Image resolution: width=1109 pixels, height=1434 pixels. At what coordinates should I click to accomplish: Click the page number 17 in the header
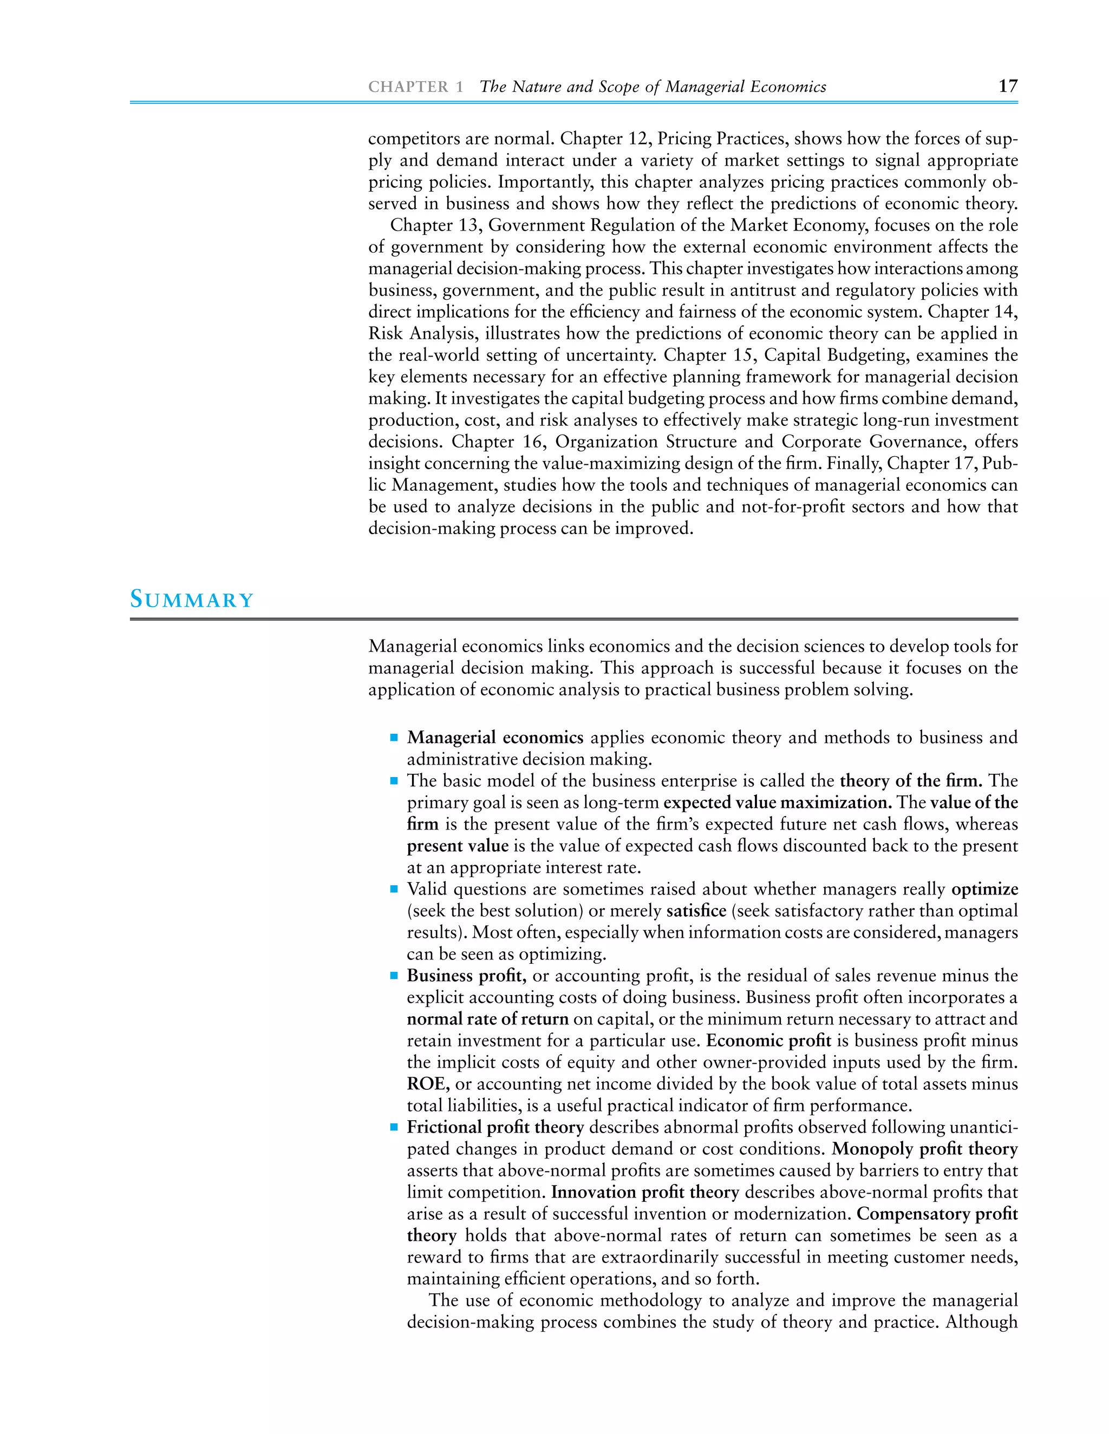tap(1007, 86)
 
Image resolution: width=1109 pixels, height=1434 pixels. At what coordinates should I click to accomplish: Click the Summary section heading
tap(191, 600)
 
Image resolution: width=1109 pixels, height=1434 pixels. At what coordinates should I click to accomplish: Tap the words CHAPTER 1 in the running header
tap(416, 87)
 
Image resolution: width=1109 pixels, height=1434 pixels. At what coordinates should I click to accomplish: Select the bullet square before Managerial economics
tap(394, 738)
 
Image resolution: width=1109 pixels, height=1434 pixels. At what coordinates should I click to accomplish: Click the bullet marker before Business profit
tap(394, 976)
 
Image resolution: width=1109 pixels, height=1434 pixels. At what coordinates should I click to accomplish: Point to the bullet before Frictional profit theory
tap(394, 1127)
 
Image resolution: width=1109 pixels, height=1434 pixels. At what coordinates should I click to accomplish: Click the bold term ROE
tap(428, 1084)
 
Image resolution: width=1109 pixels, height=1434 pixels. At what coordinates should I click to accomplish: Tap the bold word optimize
tap(984, 889)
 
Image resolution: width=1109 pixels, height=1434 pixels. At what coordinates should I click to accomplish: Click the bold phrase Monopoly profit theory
tap(924, 1149)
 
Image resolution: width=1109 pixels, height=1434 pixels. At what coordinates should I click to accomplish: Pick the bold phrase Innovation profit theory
tap(644, 1192)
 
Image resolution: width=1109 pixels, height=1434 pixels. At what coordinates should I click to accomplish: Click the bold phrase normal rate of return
tap(487, 1019)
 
